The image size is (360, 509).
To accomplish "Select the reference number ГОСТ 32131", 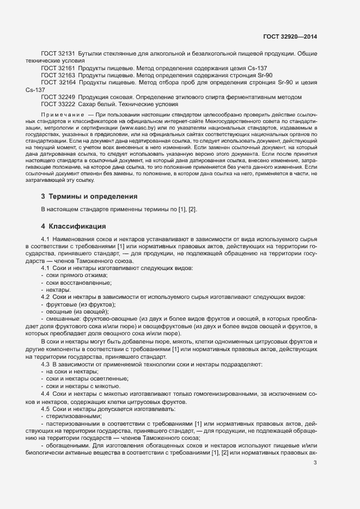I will point(58,53).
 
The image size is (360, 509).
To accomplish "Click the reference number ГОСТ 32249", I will point(58,96).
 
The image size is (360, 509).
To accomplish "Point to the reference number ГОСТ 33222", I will point(58,103).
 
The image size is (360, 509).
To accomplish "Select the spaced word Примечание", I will point(62,115).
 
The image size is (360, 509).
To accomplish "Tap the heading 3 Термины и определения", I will point(90,196).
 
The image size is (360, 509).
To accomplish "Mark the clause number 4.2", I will point(45,297).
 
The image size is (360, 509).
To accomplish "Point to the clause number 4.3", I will point(45,364).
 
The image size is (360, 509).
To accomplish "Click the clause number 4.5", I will point(45,408).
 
